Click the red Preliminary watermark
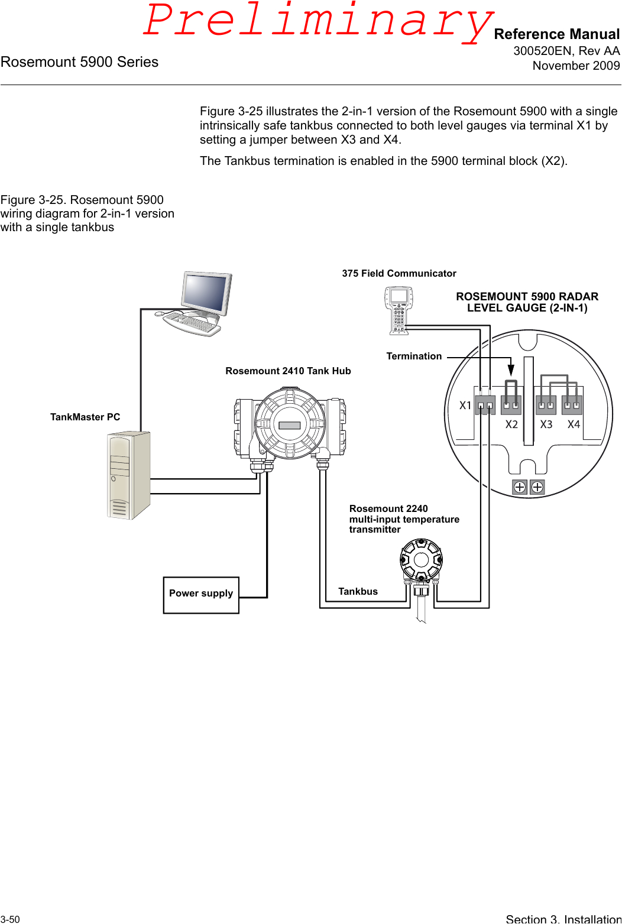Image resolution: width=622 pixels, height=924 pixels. [x=318, y=21]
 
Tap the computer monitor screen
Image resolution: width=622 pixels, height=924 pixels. [x=205, y=293]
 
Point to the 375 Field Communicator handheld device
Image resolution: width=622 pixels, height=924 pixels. [x=398, y=310]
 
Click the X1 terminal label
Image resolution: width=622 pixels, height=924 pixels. [x=465, y=406]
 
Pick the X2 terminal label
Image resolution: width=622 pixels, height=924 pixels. [x=511, y=424]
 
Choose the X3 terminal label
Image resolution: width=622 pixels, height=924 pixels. [x=546, y=424]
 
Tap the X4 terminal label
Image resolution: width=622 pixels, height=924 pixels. [x=574, y=424]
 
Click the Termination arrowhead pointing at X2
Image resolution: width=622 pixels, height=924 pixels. [x=511, y=370]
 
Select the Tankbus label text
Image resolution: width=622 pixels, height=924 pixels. [x=358, y=591]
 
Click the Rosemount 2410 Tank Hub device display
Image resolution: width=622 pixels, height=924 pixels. [x=290, y=425]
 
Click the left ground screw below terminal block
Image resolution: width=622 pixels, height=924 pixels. [x=520, y=487]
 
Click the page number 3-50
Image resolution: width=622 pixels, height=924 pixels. [x=10, y=919]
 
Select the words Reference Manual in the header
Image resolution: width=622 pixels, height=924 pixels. [x=556, y=34]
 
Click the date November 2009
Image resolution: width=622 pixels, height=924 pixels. [x=576, y=66]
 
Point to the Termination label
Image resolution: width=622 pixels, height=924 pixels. [x=414, y=356]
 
